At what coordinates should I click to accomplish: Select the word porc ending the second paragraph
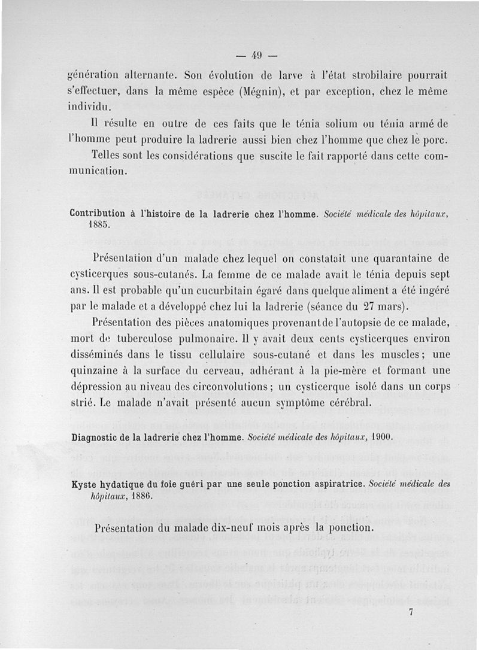(x=435, y=141)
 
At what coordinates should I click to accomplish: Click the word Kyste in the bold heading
(x=84, y=484)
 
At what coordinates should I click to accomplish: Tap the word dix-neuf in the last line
(x=233, y=529)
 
